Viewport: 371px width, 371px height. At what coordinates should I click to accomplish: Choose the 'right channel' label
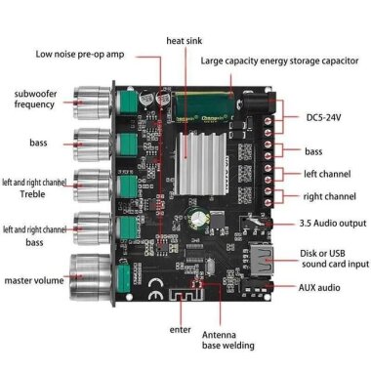coord(329,195)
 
